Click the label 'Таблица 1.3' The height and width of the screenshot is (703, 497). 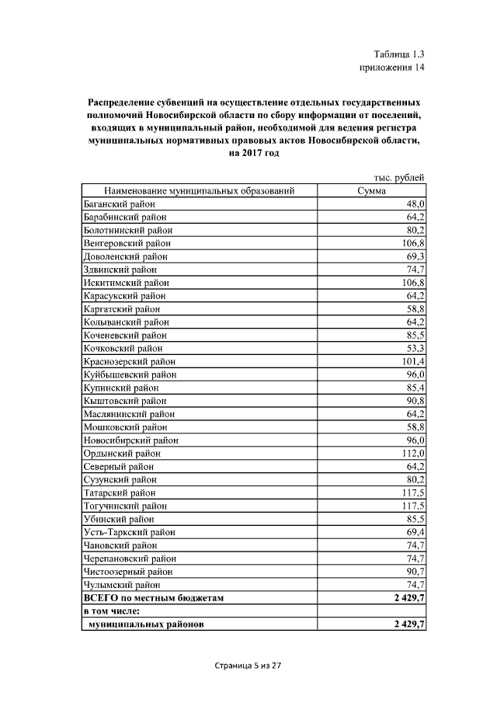coord(398,54)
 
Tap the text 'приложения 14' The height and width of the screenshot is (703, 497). coord(392,68)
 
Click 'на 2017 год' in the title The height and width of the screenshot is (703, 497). coord(254,153)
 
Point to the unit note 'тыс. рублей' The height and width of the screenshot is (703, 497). coord(399,178)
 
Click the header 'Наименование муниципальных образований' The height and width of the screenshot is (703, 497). coord(200,190)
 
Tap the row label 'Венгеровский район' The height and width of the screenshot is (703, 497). coord(127,243)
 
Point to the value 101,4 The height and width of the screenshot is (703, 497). coord(412,361)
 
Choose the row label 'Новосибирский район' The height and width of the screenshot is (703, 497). coord(130,440)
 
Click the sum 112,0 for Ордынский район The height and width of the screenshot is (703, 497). coord(412,453)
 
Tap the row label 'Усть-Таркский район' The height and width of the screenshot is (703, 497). coord(130,532)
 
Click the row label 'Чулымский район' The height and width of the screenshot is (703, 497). coord(122,584)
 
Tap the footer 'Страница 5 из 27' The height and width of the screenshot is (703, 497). coord(247,666)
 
